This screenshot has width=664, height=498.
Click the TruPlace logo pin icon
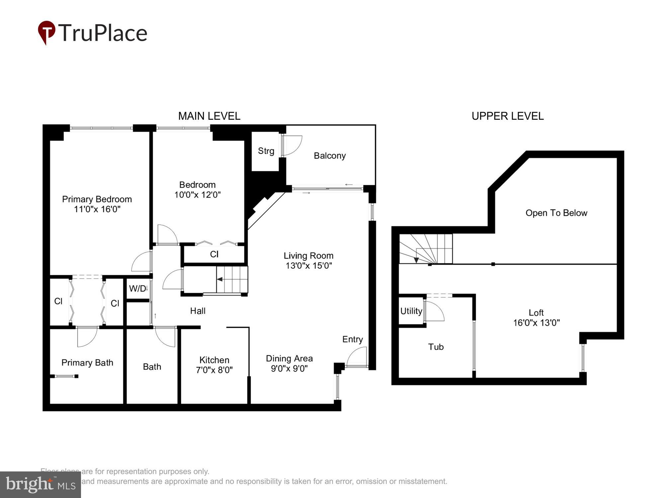pos(46,32)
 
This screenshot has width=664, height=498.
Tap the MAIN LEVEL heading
pos(209,116)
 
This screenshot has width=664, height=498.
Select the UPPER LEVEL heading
pos(507,116)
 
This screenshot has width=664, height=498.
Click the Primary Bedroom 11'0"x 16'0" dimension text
pos(97,209)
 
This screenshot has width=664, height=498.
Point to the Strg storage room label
pos(266,151)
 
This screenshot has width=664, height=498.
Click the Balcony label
pos(330,156)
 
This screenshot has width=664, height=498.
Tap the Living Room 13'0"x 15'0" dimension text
pos(309,266)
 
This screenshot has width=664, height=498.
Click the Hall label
pos(198,311)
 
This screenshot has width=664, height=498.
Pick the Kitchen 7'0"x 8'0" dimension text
pos(214,370)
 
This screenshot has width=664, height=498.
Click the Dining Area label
pos(289,359)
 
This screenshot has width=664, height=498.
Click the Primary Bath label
pos(87,363)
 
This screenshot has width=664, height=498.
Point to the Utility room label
pos(411,311)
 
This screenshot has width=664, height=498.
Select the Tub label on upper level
pos(436,347)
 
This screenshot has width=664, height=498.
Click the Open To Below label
pos(556,213)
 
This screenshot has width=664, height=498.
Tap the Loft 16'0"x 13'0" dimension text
pos(536,323)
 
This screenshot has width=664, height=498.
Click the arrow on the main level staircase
pos(220,279)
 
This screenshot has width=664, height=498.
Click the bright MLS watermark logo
pos(41,485)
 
